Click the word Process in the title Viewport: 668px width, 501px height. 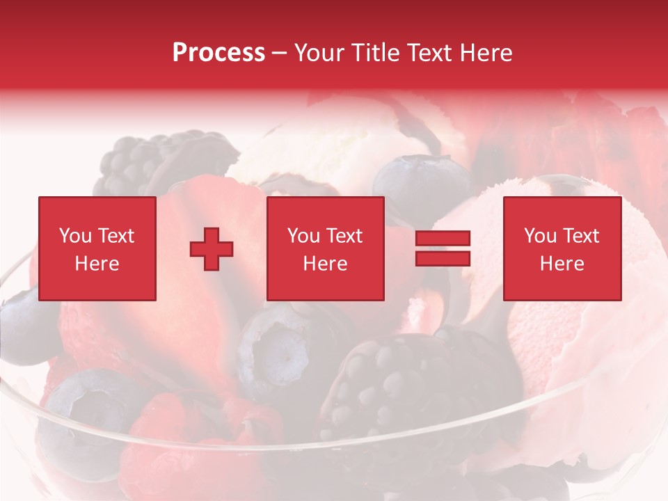coord(218,52)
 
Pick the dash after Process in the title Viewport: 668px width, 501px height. coord(280,54)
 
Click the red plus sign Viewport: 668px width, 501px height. coord(212,249)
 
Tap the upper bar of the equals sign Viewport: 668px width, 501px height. coord(443,239)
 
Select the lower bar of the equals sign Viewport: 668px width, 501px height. coord(443,259)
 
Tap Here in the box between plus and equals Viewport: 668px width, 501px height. coord(326,264)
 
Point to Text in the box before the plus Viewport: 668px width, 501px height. coord(116,236)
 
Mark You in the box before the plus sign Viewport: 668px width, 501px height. coord(74,236)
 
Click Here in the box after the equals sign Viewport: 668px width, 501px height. coord(562,264)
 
